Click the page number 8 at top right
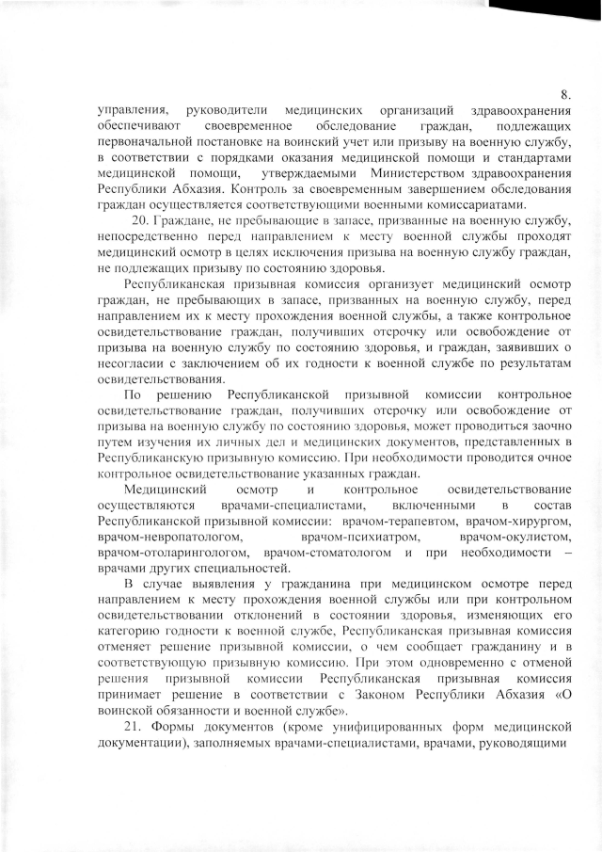(564, 95)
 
